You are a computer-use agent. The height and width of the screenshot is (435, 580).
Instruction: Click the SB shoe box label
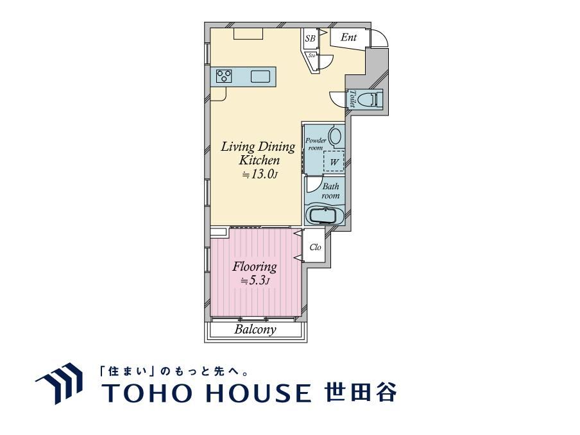click(311, 38)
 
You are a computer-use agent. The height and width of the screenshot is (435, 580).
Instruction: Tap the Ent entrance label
click(348, 37)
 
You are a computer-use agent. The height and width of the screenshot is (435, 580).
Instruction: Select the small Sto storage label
click(312, 55)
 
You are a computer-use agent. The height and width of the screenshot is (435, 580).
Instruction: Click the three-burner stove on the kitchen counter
click(224, 76)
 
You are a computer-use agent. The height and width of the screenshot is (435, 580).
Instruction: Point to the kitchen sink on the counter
click(261, 76)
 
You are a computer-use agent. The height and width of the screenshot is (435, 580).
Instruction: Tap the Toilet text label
click(352, 99)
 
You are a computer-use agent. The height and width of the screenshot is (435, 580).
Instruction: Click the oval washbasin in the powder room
click(336, 136)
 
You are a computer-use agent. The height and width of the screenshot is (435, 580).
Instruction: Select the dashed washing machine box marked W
click(334, 161)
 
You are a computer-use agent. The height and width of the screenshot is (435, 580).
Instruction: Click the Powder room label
click(316, 144)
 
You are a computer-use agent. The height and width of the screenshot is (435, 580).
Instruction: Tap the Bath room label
click(330, 191)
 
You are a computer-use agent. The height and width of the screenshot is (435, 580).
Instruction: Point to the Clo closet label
click(315, 247)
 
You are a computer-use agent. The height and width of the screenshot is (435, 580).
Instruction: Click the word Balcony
click(255, 329)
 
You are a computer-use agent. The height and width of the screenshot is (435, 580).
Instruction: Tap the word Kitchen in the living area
click(259, 160)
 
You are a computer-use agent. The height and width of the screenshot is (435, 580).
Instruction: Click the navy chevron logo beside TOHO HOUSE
click(59, 384)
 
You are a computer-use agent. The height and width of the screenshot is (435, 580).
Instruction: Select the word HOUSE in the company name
click(258, 393)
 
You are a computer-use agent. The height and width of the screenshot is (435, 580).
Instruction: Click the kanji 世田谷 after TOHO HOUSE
click(361, 392)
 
